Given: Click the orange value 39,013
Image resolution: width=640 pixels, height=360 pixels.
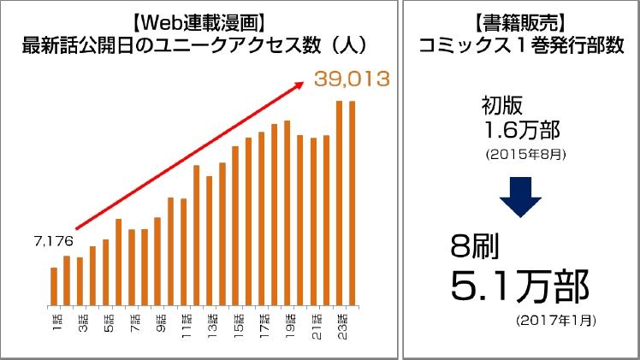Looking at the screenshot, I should click(x=352, y=80).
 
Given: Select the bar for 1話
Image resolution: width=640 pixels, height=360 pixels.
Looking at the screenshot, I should click(x=54, y=286).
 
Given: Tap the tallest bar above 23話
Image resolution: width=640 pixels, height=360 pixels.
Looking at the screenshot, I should click(x=340, y=202).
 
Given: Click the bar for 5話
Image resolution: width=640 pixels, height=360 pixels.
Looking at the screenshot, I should click(x=105, y=271).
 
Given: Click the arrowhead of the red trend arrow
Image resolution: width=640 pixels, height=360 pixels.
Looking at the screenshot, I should click(x=300, y=84).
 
